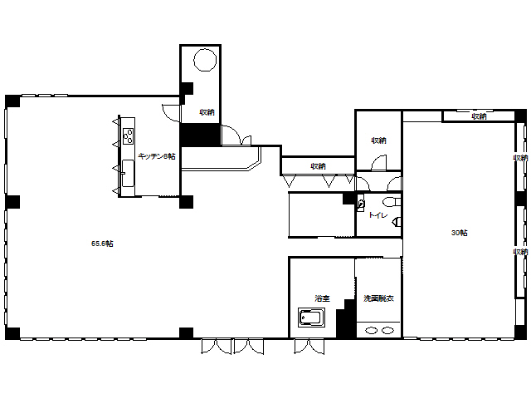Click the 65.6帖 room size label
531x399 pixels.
pos(102,244)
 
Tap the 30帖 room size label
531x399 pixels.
pos(459,233)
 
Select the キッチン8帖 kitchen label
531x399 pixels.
pos(157,156)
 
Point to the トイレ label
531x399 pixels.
pos(378,215)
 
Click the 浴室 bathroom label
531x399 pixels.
pos(322,298)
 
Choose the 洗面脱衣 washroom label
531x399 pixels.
pos(378,298)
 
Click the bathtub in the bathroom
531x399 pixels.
pos(312,318)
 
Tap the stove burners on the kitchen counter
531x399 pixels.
pos(128,136)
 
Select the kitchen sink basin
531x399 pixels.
pos(128,173)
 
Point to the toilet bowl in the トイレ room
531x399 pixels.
pos(392,202)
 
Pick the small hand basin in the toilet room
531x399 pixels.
pos(362,204)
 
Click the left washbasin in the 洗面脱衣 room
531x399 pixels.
pos(372,330)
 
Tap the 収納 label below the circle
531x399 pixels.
pos(207,112)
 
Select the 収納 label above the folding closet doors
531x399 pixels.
pos(318,166)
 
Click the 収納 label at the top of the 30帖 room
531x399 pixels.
pos(480,116)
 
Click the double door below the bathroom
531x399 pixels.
pos(309,347)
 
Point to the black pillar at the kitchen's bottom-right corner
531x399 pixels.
pos(186,202)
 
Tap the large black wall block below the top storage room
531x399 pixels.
pos(200,135)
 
